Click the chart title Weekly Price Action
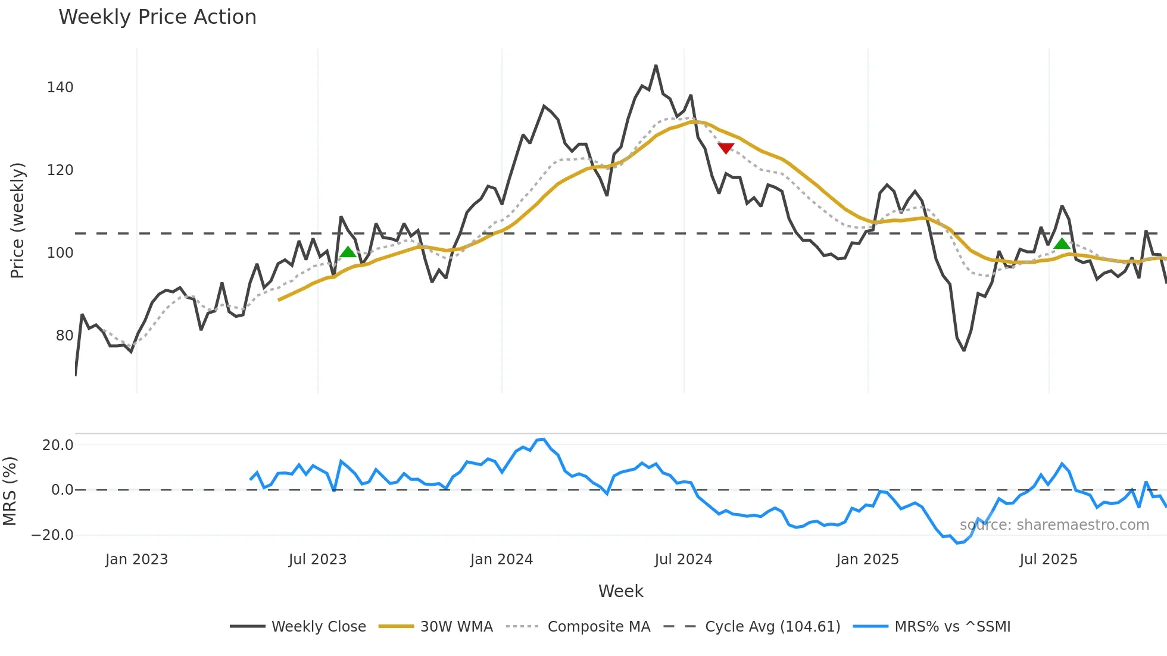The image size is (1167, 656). click(x=157, y=17)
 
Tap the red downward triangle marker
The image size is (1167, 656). click(x=726, y=148)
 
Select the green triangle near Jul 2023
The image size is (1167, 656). click(x=348, y=252)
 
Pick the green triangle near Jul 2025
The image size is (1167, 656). click(x=1062, y=243)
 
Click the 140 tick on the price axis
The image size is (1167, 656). click(x=60, y=88)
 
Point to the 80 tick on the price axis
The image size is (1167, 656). click(x=64, y=336)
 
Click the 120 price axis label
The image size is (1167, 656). click(x=60, y=170)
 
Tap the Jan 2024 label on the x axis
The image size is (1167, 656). click(x=501, y=560)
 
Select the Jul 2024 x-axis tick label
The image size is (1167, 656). click(x=683, y=560)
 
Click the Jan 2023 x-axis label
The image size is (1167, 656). click(x=136, y=560)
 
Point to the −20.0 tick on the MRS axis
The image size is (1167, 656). click(x=52, y=535)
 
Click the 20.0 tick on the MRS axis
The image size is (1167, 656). click(x=58, y=445)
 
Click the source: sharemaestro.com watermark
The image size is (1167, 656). click(x=1054, y=525)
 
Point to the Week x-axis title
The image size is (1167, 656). click(x=620, y=591)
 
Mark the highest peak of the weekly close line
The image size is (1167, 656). click(x=656, y=65)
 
